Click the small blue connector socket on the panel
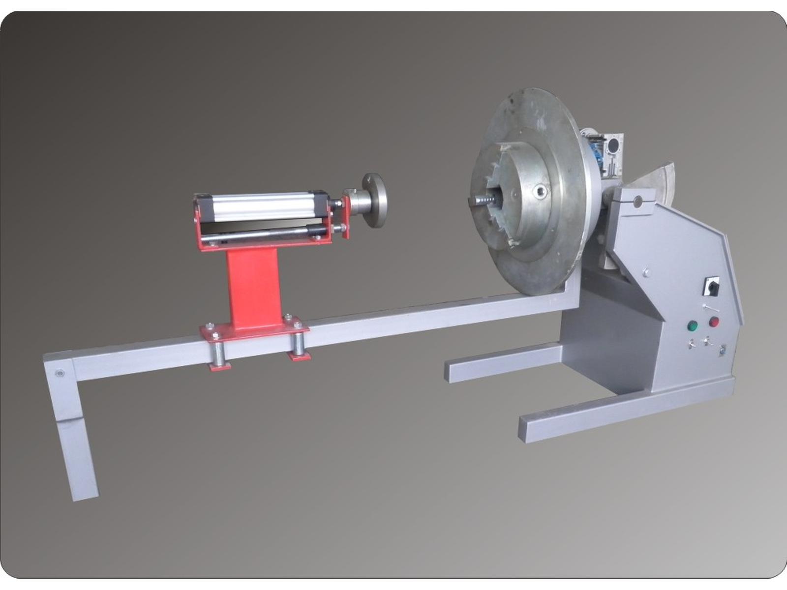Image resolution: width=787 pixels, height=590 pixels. click(722, 351)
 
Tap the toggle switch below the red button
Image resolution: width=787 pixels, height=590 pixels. click(707, 340)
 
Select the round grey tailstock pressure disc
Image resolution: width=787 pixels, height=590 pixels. click(375, 200)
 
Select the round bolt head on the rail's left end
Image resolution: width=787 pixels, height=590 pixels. click(60, 373)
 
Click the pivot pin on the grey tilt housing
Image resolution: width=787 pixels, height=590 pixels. click(637, 200)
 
